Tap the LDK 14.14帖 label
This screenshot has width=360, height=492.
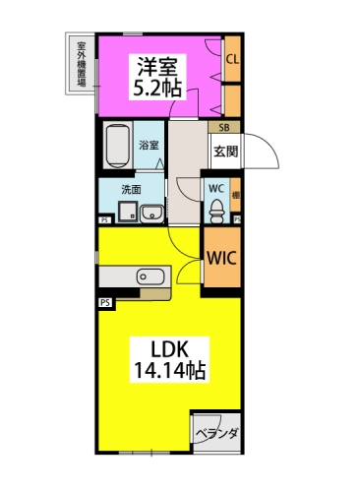tap(169, 360)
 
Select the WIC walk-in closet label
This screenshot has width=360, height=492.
tap(222, 258)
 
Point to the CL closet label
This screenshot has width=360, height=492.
tap(233, 60)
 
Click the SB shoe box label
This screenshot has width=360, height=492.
tap(224, 127)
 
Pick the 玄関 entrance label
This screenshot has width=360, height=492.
tap(226, 152)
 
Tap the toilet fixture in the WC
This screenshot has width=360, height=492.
tap(217, 211)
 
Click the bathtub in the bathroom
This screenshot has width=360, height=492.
tap(118, 145)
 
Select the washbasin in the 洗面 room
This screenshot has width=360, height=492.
tap(151, 214)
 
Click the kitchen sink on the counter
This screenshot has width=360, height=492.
tap(150, 277)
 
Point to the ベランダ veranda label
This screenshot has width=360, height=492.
tap(217, 434)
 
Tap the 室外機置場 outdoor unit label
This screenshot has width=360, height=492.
tap(82, 64)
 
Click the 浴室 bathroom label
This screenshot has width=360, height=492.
tap(149, 145)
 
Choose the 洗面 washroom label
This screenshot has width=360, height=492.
tap(131, 190)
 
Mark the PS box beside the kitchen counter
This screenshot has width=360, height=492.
tap(106, 303)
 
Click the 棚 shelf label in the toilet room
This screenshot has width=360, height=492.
tap(236, 196)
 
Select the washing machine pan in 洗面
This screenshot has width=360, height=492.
tap(128, 213)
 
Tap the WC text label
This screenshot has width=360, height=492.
tap(216, 189)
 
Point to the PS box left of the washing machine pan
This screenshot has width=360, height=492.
tap(105, 220)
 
